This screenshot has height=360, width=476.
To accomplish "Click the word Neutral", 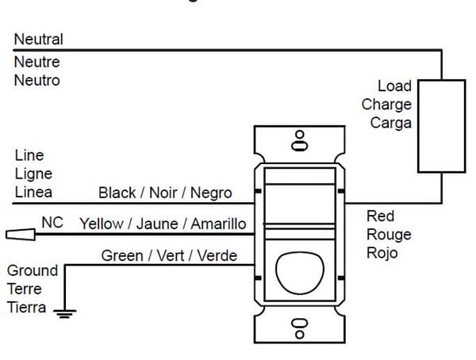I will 38,39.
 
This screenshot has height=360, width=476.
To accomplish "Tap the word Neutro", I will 36,80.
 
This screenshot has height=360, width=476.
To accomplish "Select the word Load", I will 394,86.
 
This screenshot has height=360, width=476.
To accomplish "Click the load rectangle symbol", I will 441,124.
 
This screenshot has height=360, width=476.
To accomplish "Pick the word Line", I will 29,155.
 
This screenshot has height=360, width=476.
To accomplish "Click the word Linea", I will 33,192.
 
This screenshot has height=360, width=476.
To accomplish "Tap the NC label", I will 52,223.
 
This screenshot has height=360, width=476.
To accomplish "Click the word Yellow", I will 102,224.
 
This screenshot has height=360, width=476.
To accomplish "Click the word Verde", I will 217,255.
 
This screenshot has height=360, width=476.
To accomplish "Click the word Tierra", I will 27,308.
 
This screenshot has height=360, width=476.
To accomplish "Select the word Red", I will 380,216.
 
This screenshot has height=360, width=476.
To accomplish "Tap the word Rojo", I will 382,253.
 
